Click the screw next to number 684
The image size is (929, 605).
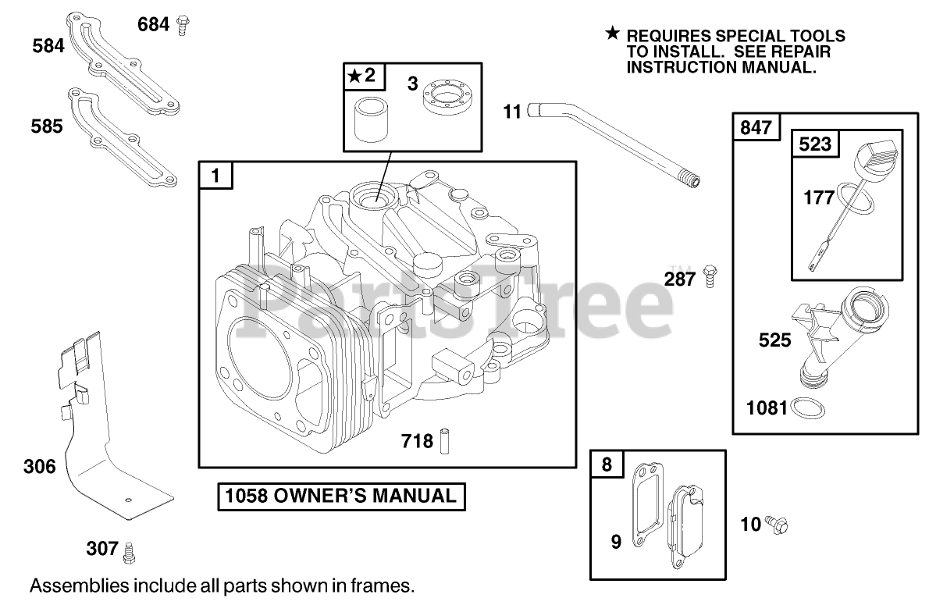pos(183,24)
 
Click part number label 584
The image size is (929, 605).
pos(48,47)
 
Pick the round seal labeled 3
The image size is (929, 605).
pos(447,101)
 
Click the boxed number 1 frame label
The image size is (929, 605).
pos(215,176)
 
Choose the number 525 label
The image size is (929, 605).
pos(774,341)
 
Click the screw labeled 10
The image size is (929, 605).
pos(778,524)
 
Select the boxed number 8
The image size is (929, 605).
pos(607,465)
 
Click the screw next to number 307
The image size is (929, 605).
pos(130,550)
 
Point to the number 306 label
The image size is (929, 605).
pos(40,467)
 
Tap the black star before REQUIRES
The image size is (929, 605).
pos(613,34)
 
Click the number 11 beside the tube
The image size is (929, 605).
pos(511,112)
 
